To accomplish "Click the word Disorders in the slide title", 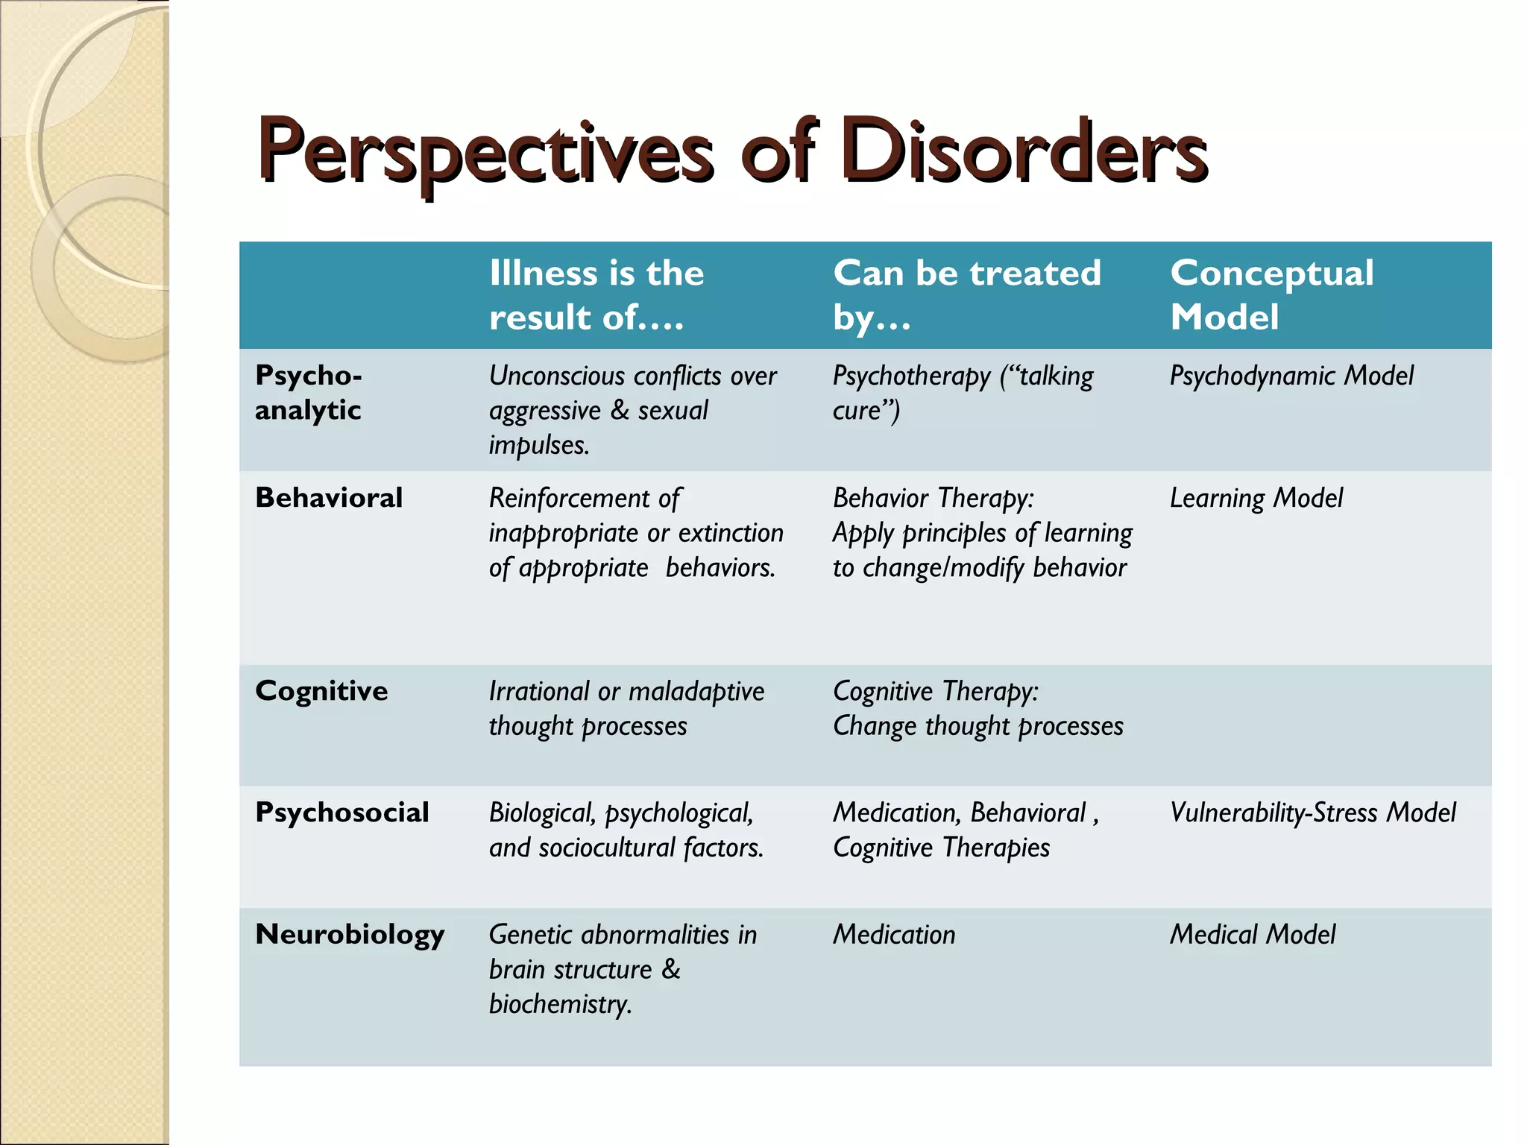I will [1027, 152].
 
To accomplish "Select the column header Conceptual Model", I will [1271, 294].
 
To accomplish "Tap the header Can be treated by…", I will [966, 294].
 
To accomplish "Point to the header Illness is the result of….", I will [596, 294].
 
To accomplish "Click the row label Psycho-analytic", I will [309, 392].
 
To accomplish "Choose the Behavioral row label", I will [329, 497].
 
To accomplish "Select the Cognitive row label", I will [321, 691].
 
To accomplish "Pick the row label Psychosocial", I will [341, 813].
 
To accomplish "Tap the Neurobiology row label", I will [350, 935].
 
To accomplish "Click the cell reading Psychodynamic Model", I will [1291, 376].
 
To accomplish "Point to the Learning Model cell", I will [1256, 498].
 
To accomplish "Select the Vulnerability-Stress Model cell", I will [1312, 813].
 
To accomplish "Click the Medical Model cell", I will [1253, 935].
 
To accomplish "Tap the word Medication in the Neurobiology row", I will [894, 935].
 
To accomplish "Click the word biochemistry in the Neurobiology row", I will [560, 1004].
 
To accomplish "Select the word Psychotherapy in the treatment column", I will [911, 376].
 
